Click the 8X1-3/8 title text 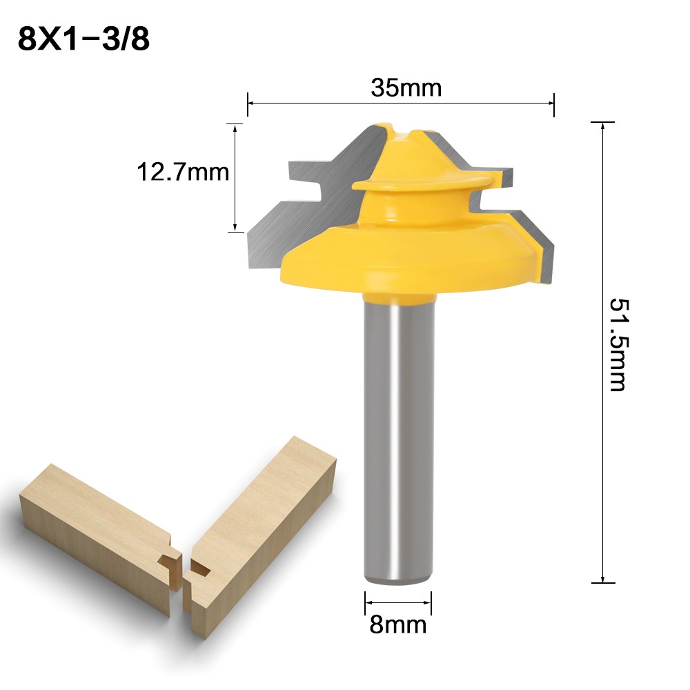coord(83,39)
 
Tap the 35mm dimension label coord(406,88)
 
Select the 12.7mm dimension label coord(182,171)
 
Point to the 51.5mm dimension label coord(618,344)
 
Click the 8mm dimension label coord(398,625)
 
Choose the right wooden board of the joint coord(262,524)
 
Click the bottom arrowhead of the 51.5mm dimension coord(603,580)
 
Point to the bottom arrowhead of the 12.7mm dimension coord(235,227)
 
